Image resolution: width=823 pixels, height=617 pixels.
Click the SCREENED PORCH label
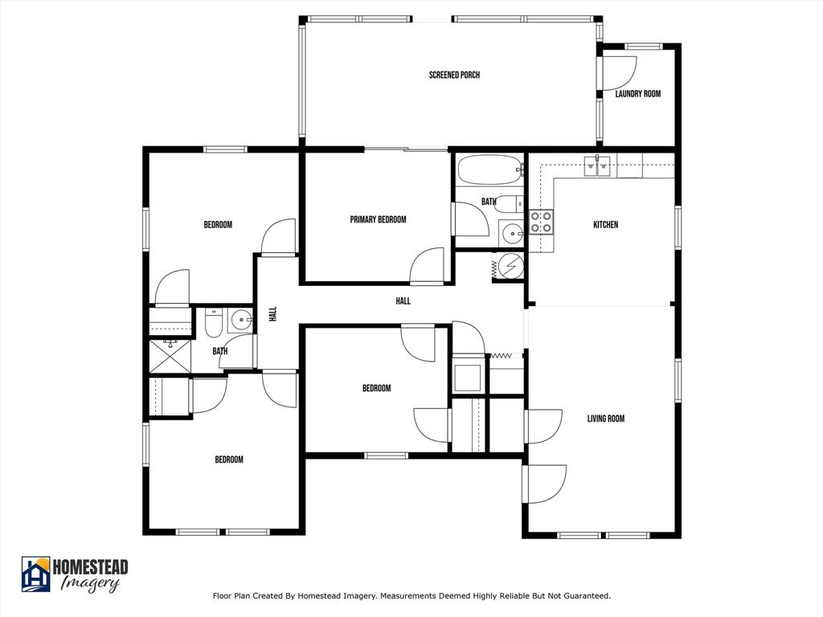[454, 76]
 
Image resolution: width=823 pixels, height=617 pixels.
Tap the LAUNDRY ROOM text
[637, 94]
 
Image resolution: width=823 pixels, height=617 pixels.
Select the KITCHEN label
[605, 225]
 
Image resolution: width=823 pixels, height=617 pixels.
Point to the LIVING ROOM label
[605, 419]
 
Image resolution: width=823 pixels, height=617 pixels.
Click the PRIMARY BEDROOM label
[378, 220]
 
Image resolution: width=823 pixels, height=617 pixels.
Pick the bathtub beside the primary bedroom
[489, 170]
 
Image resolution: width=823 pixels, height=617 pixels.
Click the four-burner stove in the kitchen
[541, 222]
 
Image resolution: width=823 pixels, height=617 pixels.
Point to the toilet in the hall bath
[214, 324]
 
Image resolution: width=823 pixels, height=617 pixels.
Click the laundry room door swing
[616, 73]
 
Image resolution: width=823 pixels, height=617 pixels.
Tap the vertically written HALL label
[273, 315]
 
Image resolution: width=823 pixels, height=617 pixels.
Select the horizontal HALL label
[403, 301]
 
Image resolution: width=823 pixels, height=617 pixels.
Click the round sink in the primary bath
[511, 234]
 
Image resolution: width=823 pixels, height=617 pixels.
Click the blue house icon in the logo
[35, 574]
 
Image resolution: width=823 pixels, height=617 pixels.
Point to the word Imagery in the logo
[90, 584]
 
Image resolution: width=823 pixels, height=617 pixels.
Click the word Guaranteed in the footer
[586, 596]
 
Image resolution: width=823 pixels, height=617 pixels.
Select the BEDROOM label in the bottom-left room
[228, 460]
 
